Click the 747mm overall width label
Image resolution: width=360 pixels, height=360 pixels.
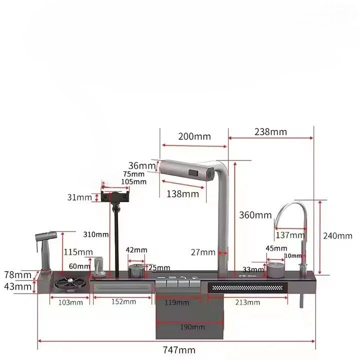(x=178, y=350)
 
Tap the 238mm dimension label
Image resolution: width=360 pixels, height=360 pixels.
(x=270, y=132)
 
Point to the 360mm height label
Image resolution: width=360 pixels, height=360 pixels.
(x=255, y=215)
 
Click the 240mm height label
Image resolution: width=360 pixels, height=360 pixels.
(x=337, y=235)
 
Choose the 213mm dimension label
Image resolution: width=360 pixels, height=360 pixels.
(x=247, y=302)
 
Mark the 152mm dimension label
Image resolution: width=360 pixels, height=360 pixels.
(x=123, y=301)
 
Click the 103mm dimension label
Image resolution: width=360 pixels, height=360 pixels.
(x=70, y=302)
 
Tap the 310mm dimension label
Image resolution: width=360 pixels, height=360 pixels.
(x=96, y=234)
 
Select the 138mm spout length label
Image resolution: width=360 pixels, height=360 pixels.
(x=182, y=193)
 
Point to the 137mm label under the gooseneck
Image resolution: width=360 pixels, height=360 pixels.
(x=290, y=235)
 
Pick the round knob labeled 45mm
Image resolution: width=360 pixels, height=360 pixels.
(x=274, y=270)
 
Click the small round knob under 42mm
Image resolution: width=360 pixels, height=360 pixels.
(x=135, y=271)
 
